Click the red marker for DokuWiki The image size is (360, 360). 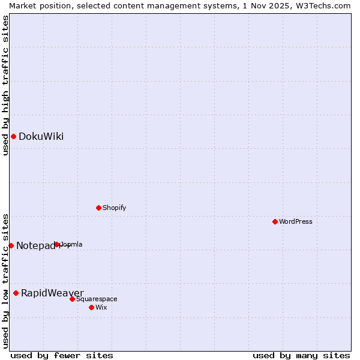point(13,136)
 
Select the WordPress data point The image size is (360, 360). point(275,221)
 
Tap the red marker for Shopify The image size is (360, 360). point(98,208)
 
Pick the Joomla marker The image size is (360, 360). point(57,244)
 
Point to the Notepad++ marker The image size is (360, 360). point(11,245)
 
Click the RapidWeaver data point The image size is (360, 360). point(16,293)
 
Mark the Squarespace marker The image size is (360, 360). point(72,299)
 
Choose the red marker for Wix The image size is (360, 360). point(91,307)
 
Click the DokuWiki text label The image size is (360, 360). point(41,136)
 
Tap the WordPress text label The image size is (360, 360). point(296,221)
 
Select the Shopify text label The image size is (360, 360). point(114,208)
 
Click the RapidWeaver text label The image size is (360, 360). point(52,293)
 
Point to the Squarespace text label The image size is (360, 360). point(97,299)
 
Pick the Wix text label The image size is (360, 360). point(101,307)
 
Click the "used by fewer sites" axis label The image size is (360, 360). point(62,355)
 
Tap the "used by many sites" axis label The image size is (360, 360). point(301,355)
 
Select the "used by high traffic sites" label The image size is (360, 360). point(5,85)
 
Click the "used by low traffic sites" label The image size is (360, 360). point(5,280)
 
